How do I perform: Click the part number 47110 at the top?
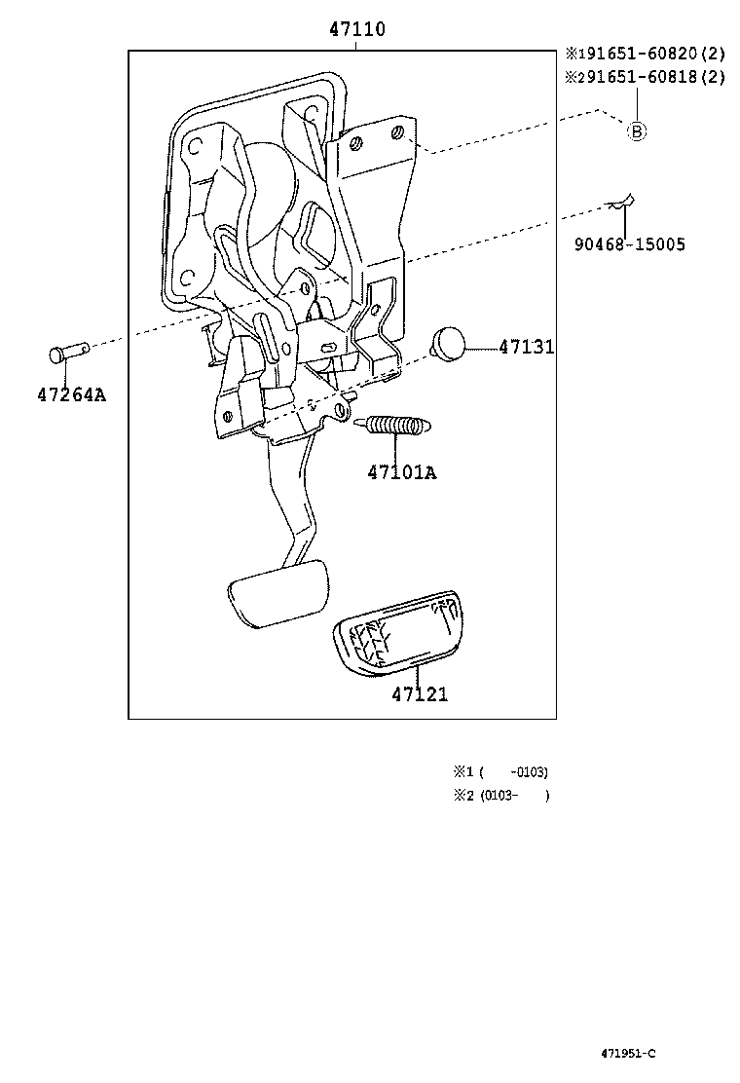356,30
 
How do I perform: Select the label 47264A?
71,394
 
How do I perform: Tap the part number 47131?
527,347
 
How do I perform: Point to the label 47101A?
401,472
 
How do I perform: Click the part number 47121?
420,694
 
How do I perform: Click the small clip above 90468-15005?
622,203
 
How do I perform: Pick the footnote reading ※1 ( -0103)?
500,772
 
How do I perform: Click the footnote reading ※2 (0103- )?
501,796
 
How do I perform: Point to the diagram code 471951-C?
628,1053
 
